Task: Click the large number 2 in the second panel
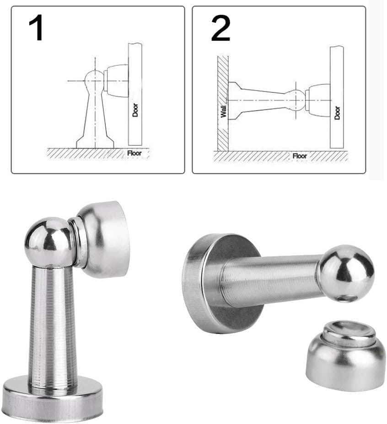pos(220,28)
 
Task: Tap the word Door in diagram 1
pos(135,110)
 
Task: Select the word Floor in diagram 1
pos(134,154)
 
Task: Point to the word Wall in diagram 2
pos(223,111)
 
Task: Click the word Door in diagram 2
pos(337,113)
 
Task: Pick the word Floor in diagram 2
pos(300,156)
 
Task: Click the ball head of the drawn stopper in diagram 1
pos(94,80)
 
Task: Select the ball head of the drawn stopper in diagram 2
pos(296,101)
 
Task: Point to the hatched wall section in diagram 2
pos(223,103)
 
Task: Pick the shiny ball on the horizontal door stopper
pos(346,273)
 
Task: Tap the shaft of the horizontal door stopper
pos(271,281)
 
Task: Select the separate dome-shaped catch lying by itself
pos(345,355)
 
